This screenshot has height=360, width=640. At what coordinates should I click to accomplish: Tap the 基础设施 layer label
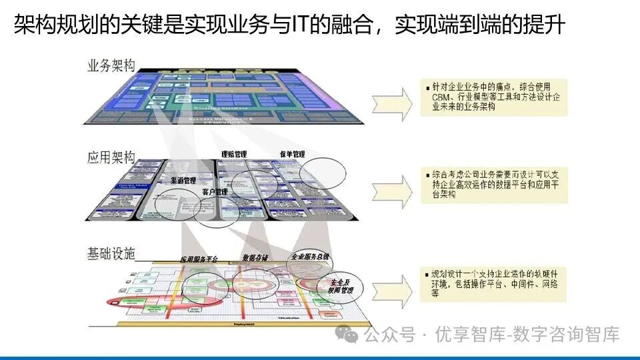(x=111, y=253)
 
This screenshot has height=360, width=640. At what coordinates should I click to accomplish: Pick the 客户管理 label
(x=215, y=192)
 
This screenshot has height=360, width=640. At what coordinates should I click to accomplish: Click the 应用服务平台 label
(x=198, y=259)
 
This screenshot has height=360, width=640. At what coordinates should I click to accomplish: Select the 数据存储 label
(x=255, y=257)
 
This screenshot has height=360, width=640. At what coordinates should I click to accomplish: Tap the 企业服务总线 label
(x=310, y=256)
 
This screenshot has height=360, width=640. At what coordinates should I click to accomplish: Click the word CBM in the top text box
(x=440, y=97)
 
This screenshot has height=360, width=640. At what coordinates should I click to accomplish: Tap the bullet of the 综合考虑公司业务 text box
(x=426, y=175)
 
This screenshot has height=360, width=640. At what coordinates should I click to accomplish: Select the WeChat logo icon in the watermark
(x=347, y=333)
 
